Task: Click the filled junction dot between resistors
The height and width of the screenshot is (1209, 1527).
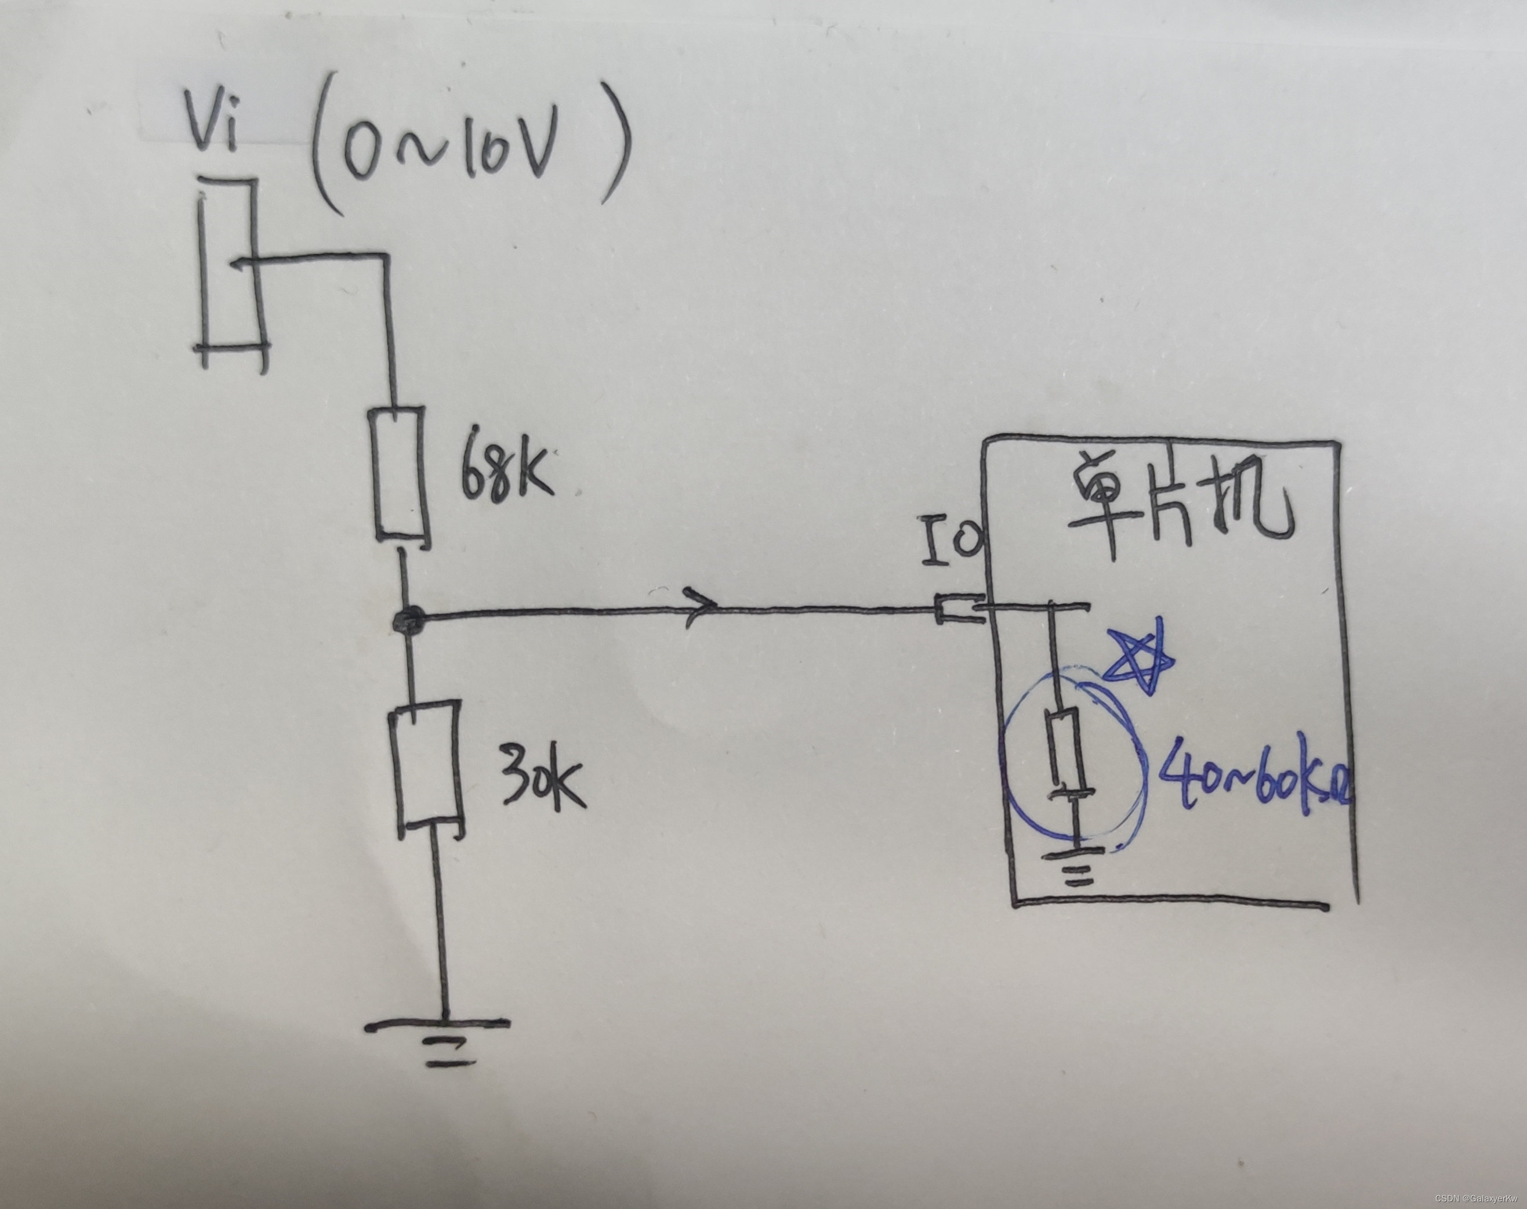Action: [408, 621]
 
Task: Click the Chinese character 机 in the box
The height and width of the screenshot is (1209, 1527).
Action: [1253, 505]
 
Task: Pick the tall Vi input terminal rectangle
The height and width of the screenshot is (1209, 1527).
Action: [231, 273]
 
